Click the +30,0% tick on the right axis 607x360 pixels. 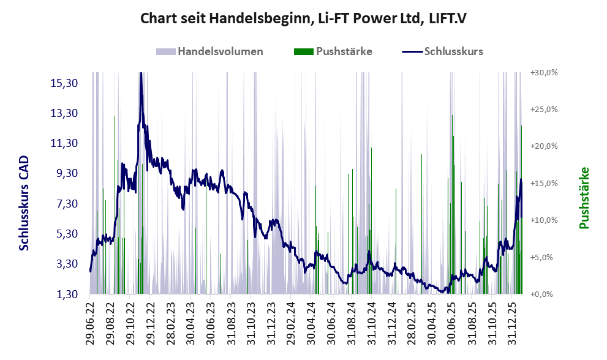[543, 72]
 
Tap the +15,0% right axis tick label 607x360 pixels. [543, 183]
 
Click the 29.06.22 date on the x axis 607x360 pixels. [90, 323]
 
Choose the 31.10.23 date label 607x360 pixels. [249, 323]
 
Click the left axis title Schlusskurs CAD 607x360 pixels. [24, 203]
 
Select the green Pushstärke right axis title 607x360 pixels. [583, 198]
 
